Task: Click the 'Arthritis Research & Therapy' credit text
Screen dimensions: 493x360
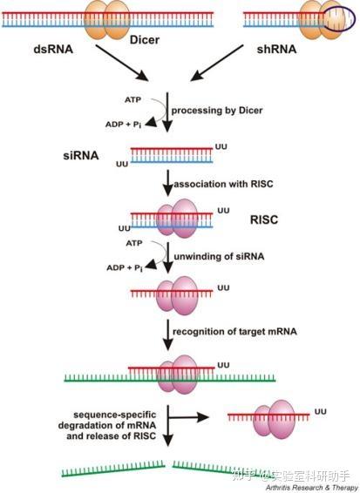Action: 309,488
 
